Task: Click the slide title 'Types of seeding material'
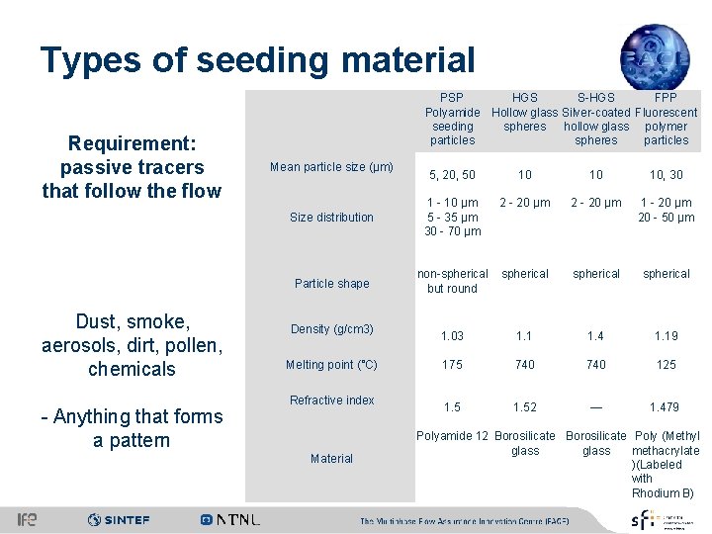pyautogui.click(x=257, y=60)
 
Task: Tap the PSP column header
pyautogui.click(x=452, y=119)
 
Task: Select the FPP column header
pyautogui.click(x=667, y=119)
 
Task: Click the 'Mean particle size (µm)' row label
pyautogui.click(x=331, y=166)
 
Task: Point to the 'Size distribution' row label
pyautogui.click(x=331, y=218)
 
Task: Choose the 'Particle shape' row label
pyautogui.click(x=331, y=284)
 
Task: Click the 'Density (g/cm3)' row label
pyautogui.click(x=331, y=329)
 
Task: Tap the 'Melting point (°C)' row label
pyautogui.click(x=331, y=365)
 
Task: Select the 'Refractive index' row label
pyautogui.click(x=331, y=400)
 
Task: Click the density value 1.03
pyautogui.click(x=452, y=336)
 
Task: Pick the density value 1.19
pyautogui.click(x=667, y=336)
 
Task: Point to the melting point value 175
pyautogui.click(x=452, y=365)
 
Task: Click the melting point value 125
pyautogui.click(x=667, y=365)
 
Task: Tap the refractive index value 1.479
pyautogui.click(x=667, y=407)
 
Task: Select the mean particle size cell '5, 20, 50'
pyautogui.click(x=452, y=175)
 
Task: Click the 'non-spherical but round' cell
pyautogui.click(x=452, y=281)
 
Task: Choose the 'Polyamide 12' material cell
pyautogui.click(x=452, y=436)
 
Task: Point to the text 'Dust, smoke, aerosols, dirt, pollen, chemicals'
pyautogui.click(x=132, y=345)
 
